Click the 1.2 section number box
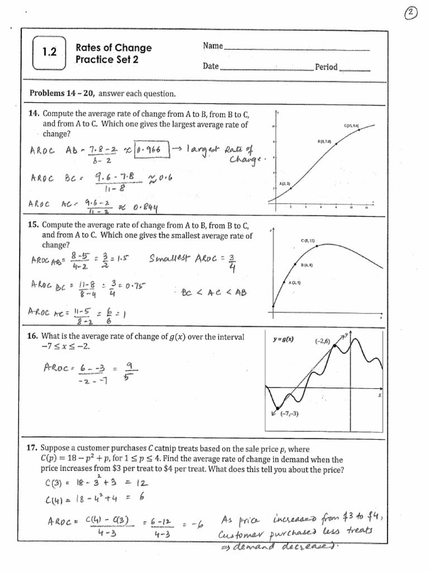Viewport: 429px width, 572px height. tap(50, 53)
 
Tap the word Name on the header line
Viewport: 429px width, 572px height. tap(213, 46)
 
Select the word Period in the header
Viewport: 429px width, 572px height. tap(326, 67)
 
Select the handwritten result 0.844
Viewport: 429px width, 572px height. tap(145, 208)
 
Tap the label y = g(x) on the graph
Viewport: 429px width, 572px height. tap(284, 339)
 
